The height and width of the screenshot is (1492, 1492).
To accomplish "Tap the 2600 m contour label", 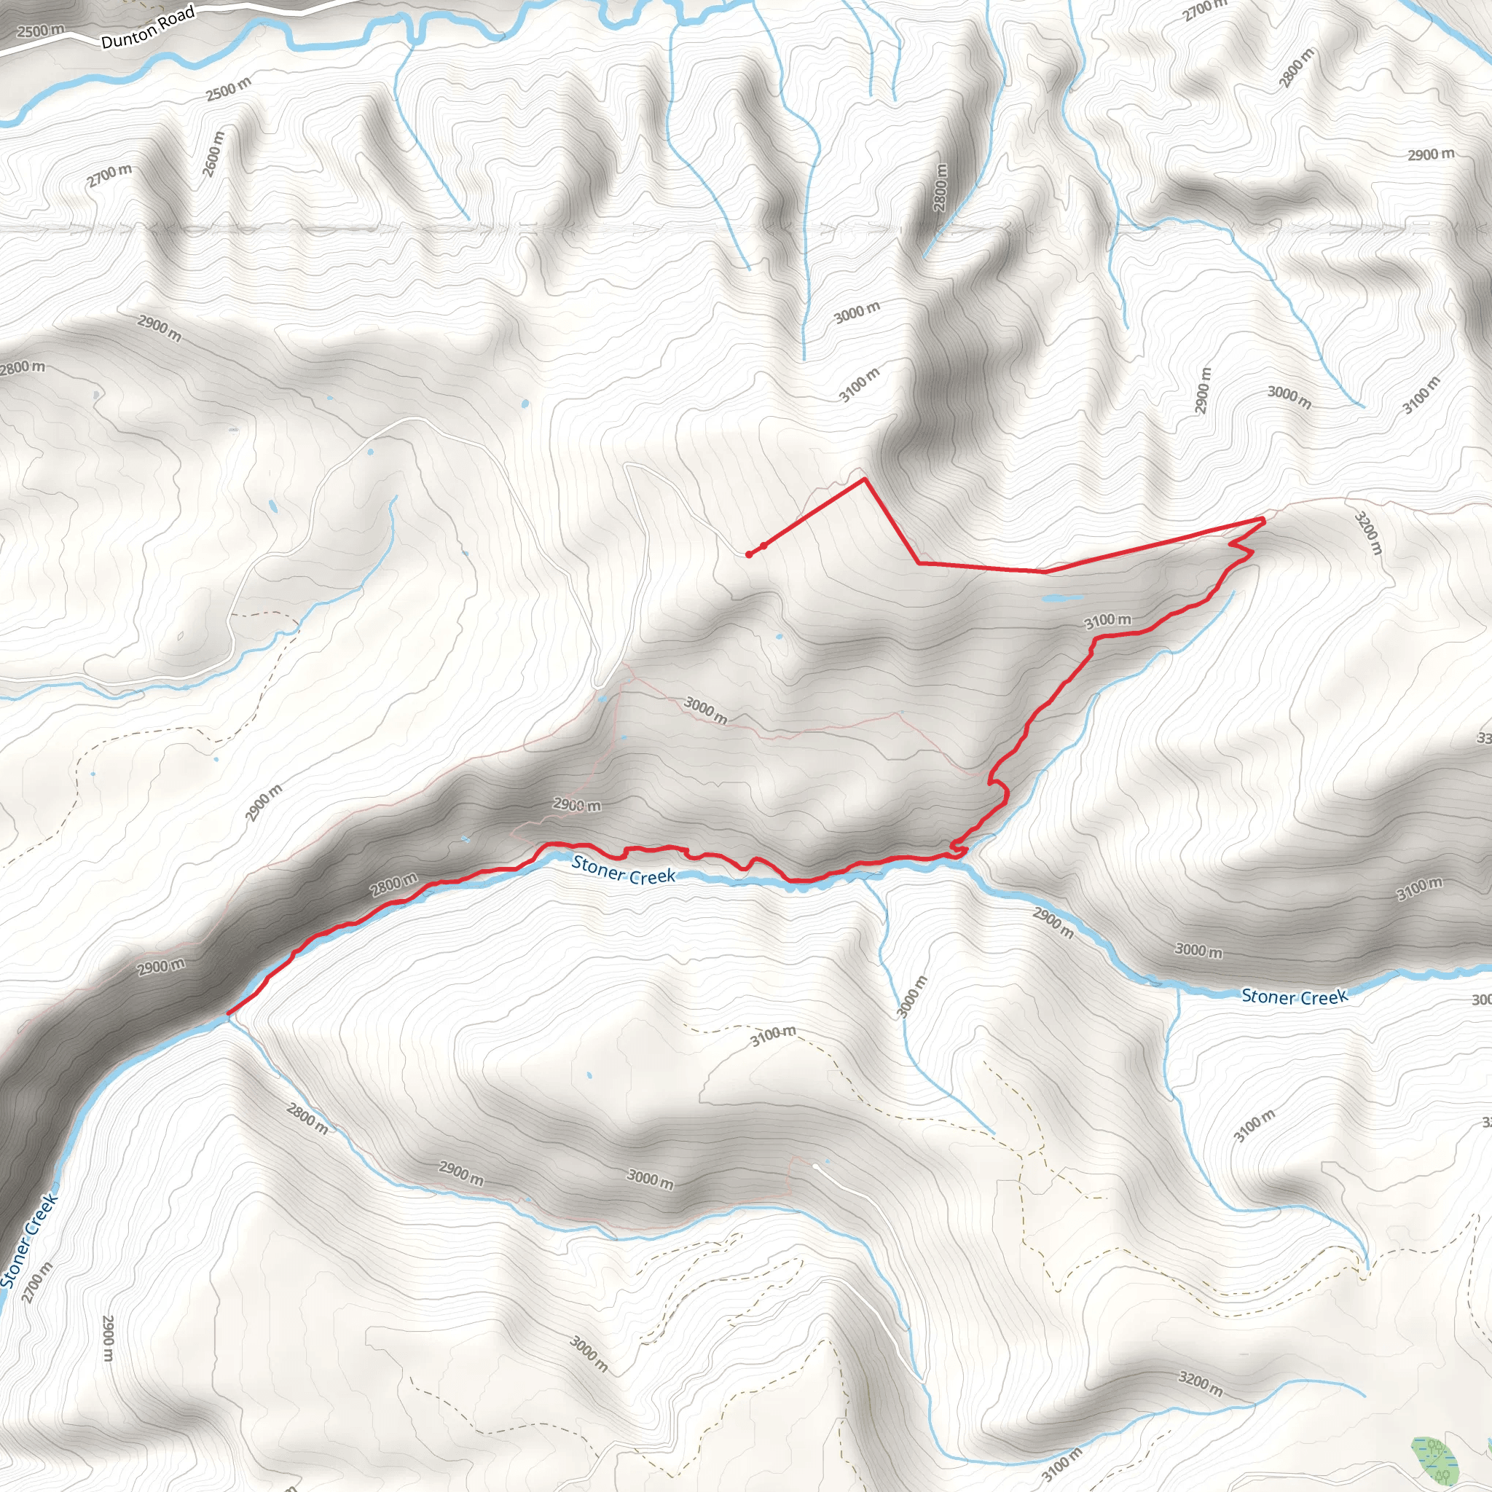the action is point(214,154).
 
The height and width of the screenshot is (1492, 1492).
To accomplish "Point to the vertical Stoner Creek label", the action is point(28,1242).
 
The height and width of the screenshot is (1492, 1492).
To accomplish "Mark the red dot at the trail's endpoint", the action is point(748,554).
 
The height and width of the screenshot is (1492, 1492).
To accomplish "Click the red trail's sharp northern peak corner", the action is point(864,479).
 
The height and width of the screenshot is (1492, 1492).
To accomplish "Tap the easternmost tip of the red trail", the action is point(1263,519).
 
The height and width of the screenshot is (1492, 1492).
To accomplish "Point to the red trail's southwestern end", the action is point(228,1013).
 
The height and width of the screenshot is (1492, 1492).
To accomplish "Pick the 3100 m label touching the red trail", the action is point(1107,620).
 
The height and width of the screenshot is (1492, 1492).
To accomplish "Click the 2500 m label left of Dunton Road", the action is point(41,31).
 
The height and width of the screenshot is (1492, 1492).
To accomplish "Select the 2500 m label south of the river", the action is point(228,89).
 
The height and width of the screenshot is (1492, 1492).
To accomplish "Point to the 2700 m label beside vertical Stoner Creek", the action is point(37,1283).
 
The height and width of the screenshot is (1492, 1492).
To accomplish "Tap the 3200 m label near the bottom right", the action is point(1200,1383).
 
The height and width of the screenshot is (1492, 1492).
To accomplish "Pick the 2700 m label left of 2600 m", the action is point(109,176).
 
